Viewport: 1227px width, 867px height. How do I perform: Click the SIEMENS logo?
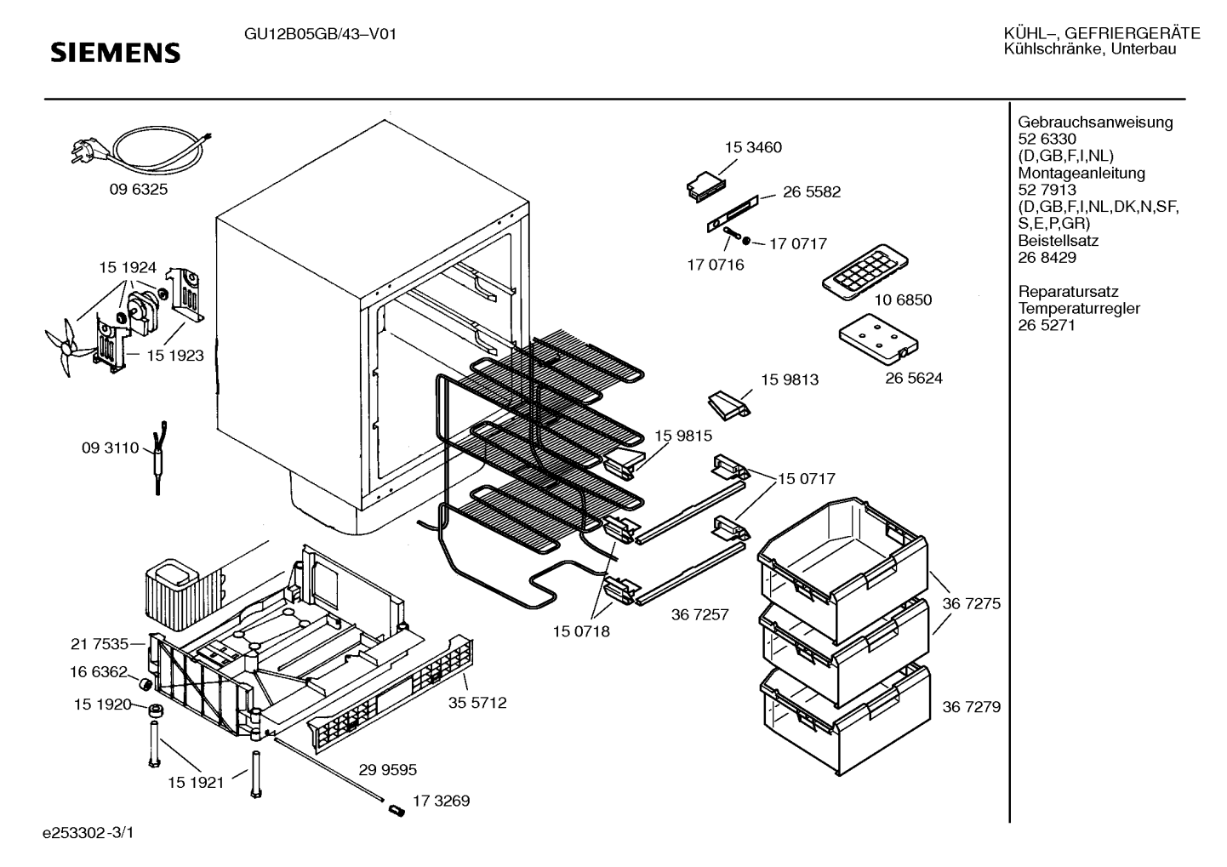click(115, 53)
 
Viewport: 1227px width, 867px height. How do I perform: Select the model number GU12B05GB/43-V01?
click(320, 35)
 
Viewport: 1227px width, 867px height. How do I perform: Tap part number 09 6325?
click(139, 190)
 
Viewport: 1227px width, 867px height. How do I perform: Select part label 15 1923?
click(175, 356)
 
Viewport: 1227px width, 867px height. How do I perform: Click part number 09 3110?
click(110, 448)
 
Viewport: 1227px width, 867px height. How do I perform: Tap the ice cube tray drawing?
click(865, 272)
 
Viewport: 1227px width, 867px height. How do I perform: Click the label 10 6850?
click(903, 299)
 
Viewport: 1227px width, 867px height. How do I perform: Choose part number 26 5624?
click(914, 378)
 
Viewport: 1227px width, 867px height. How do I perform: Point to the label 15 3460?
click(753, 147)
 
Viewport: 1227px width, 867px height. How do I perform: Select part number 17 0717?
click(798, 243)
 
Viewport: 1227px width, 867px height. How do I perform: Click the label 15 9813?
click(790, 379)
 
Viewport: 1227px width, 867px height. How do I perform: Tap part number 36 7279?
click(971, 707)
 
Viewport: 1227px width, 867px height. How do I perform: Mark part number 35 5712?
click(477, 703)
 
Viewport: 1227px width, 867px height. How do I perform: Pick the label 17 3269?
click(441, 801)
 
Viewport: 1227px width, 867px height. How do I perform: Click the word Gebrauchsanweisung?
click(1095, 123)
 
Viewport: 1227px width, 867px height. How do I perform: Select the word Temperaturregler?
click(1079, 309)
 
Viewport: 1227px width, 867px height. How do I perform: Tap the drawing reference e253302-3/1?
click(88, 833)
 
